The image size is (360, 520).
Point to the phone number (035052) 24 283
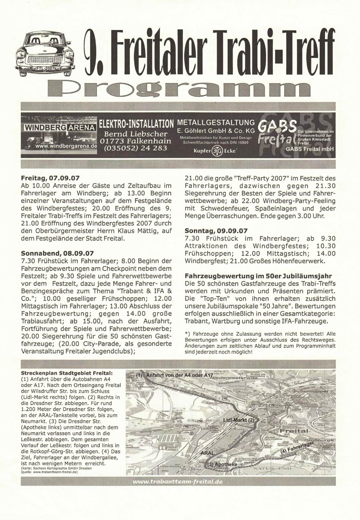[135, 148]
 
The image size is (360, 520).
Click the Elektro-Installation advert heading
[136, 124]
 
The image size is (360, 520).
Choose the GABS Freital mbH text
[309, 149]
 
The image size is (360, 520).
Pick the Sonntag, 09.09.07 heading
[216, 230]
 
